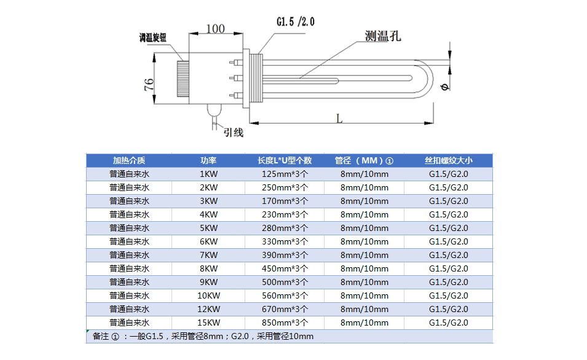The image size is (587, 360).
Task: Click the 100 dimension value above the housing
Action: [215, 29]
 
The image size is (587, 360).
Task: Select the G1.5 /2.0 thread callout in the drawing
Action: [295, 22]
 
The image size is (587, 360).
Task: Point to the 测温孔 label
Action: [382, 37]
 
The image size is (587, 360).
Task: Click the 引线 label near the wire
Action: [233, 131]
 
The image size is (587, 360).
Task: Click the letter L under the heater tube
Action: [339, 119]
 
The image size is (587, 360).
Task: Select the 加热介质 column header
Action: [129, 160]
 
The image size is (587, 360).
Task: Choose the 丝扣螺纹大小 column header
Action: [448, 160]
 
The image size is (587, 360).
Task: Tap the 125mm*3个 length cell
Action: [285, 174]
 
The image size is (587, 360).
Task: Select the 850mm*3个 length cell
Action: [285, 323]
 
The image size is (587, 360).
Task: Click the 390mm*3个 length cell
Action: [285, 255]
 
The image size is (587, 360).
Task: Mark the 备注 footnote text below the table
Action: [202, 336]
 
